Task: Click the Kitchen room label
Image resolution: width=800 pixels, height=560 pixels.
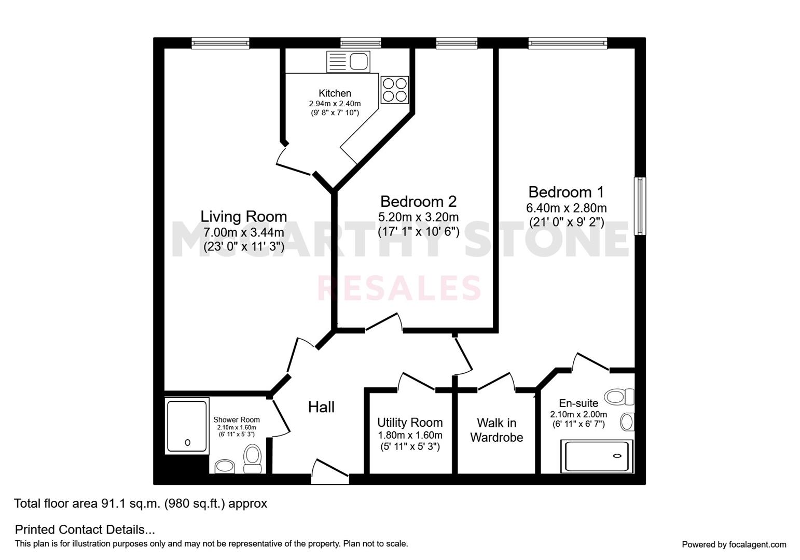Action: click(335, 93)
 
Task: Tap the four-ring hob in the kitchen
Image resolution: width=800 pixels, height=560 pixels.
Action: click(394, 89)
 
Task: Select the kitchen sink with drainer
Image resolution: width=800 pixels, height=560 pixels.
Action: click(348, 62)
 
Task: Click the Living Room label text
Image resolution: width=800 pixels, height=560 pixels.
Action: click(243, 216)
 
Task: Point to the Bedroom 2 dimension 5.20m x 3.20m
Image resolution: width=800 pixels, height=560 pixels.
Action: click(418, 217)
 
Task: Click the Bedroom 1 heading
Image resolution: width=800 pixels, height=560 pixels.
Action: click(566, 192)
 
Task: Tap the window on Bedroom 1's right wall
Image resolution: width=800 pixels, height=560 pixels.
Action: click(641, 206)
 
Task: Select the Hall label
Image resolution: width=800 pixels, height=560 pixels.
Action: click(321, 407)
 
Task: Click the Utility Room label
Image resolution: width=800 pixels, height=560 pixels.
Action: click(410, 423)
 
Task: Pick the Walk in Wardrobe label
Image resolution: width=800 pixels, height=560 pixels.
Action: click(496, 430)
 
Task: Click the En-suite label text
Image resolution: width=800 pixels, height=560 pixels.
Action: click(578, 403)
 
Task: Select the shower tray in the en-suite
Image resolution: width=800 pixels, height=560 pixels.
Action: click(597, 456)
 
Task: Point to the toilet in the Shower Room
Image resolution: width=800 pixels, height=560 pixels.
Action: click(253, 458)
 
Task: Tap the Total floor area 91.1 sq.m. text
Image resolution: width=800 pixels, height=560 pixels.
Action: click(140, 503)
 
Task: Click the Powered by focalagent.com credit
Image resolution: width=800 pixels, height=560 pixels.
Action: click(734, 544)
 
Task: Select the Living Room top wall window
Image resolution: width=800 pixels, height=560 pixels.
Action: click(220, 44)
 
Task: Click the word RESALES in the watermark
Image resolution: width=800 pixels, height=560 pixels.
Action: click(399, 288)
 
